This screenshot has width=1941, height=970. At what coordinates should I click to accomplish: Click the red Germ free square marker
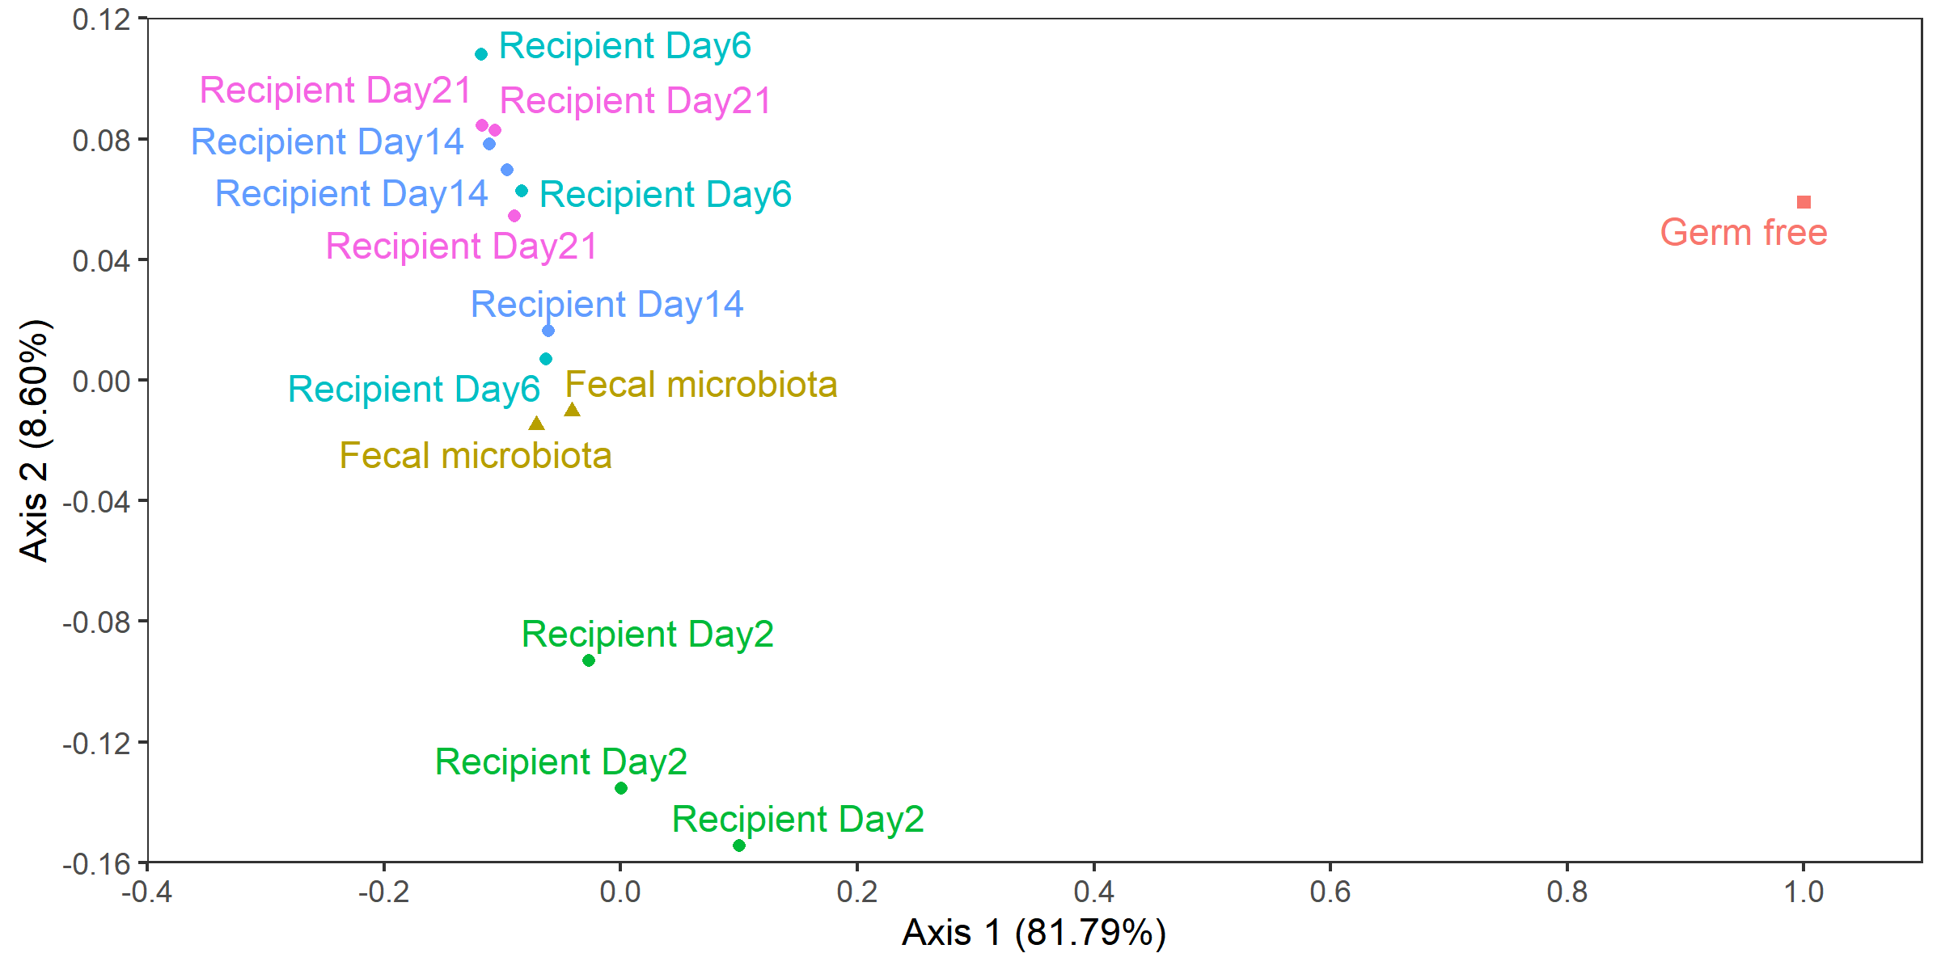pyautogui.click(x=1804, y=202)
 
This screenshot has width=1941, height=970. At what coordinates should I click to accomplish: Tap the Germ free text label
pyautogui.click(x=1744, y=233)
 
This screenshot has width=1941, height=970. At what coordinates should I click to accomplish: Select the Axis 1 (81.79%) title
pyautogui.click(x=1034, y=933)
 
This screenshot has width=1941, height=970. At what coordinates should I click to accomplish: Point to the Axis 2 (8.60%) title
pyautogui.click(x=35, y=441)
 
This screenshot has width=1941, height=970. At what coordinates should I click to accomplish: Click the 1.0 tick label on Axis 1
pyautogui.click(x=1804, y=892)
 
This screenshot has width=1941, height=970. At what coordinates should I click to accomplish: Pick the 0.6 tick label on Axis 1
pyautogui.click(x=1330, y=892)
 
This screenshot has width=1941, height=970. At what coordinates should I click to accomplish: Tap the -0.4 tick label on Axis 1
pyautogui.click(x=146, y=892)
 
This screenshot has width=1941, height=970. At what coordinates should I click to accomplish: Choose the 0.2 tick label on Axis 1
pyautogui.click(x=857, y=892)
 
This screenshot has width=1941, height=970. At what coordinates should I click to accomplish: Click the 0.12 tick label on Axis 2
pyautogui.click(x=101, y=19)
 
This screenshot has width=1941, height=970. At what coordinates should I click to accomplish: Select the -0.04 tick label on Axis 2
pyautogui.click(x=96, y=502)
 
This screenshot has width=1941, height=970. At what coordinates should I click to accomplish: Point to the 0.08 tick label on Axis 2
pyautogui.click(x=101, y=141)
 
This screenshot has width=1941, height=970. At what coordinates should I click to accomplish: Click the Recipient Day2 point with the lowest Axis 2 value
pyautogui.click(x=738, y=846)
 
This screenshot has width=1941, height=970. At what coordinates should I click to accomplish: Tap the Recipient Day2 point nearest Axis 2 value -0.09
pyautogui.click(x=589, y=660)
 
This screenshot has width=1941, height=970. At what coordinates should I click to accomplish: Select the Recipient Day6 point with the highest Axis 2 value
pyautogui.click(x=481, y=54)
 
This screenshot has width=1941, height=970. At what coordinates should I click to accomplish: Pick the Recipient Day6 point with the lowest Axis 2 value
pyautogui.click(x=546, y=359)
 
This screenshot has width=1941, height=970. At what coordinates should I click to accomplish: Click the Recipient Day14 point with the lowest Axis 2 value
pyautogui.click(x=548, y=331)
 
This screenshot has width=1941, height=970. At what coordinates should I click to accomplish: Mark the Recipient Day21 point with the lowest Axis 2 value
pyautogui.click(x=514, y=216)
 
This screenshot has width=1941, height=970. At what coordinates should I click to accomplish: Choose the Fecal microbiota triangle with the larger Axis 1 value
pyautogui.click(x=572, y=411)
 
